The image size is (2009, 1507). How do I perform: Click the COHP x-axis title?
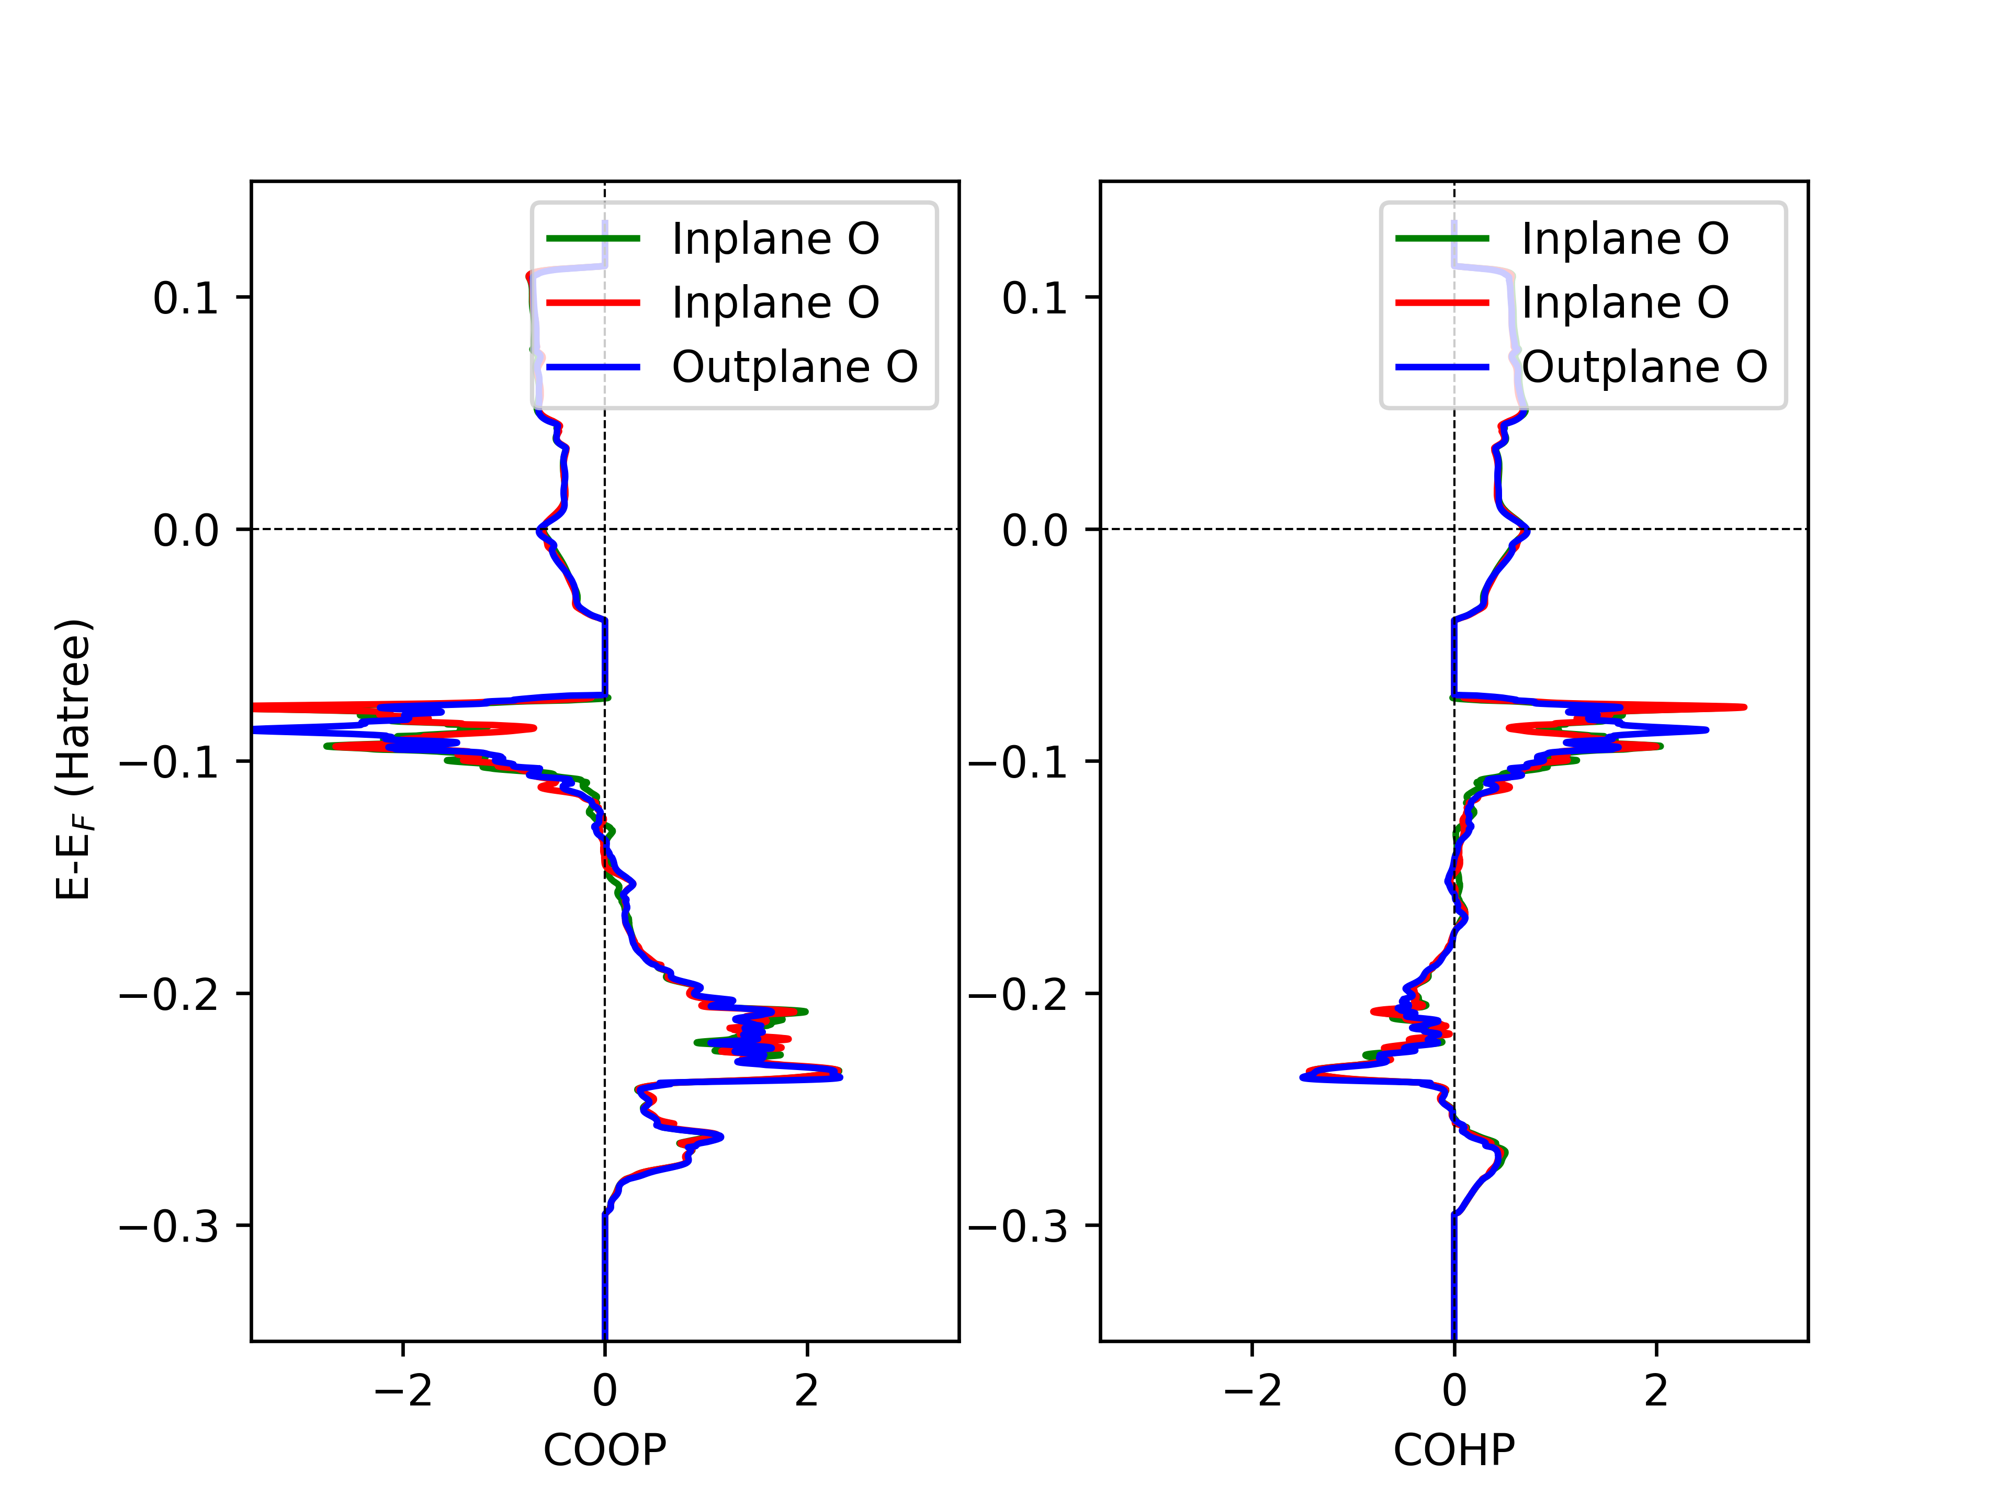point(1453,1450)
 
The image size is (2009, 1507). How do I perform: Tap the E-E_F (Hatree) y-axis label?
point(73,759)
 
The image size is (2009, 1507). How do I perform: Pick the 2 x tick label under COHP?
point(1656,1390)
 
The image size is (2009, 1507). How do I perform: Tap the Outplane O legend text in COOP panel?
point(795,367)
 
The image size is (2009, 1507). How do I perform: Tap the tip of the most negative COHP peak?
point(1302,1077)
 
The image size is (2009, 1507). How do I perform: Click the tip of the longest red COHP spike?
point(1744,707)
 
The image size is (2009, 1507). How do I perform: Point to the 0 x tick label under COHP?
point(1453,1390)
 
